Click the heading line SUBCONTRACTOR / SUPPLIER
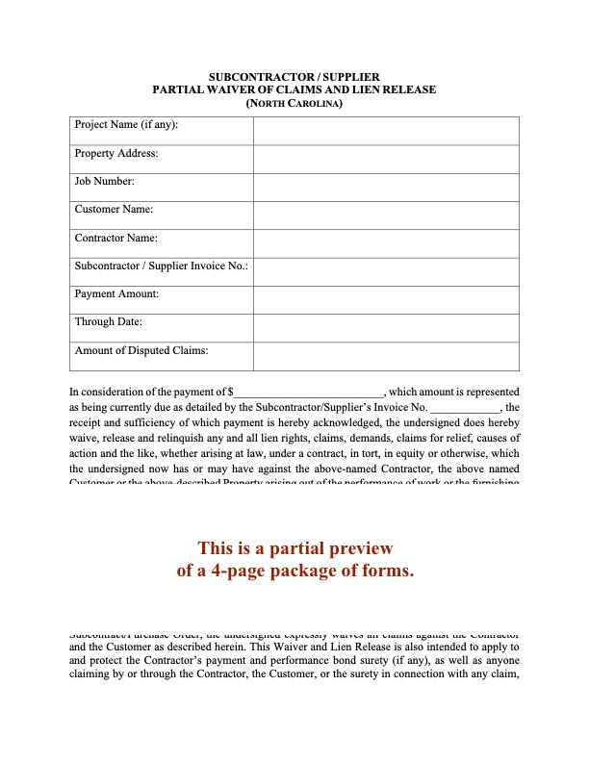(294, 76)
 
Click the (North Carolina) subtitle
(294, 102)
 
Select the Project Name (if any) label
(126, 125)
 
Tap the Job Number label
(105, 181)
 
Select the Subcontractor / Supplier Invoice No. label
(161, 266)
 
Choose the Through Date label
(109, 322)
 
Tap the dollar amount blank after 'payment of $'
(309, 393)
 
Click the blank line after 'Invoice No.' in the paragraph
(465, 408)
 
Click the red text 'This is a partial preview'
(295, 548)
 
